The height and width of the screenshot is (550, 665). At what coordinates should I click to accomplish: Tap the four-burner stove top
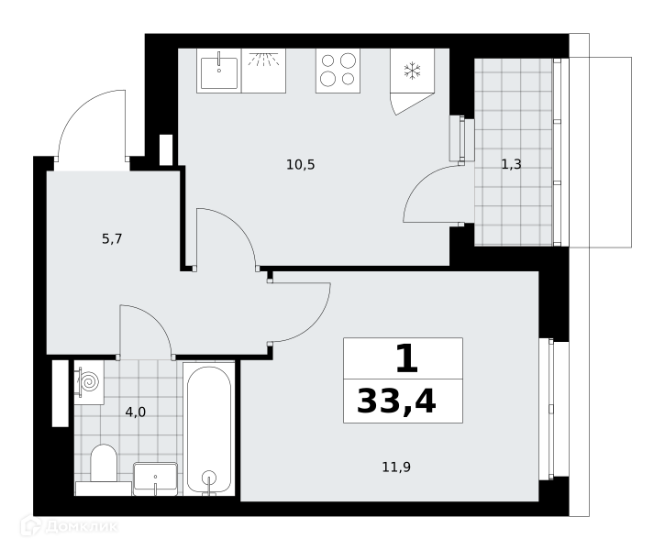coord(338,71)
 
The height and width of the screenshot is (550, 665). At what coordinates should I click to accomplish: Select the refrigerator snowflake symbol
coord(412,71)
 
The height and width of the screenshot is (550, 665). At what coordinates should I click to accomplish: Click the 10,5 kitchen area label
coord(300,164)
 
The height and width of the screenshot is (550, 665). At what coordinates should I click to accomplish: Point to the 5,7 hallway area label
coord(112,239)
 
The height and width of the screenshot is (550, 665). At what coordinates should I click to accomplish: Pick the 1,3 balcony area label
coord(511,164)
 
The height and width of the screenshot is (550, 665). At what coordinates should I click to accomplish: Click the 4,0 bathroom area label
coord(135,412)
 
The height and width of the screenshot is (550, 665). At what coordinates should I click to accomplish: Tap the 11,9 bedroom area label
coord(396,467)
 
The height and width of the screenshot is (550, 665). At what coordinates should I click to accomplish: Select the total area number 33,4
coord(396,401)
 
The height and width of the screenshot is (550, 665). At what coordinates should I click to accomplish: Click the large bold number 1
coord(407,358)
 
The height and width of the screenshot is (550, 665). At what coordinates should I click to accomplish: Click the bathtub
coord(208,429)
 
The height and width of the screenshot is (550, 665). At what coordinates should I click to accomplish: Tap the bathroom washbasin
coord(155,478)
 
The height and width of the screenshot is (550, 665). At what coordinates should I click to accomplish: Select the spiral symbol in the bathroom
coord(90,382)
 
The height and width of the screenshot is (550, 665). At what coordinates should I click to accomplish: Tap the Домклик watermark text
coord(81,527)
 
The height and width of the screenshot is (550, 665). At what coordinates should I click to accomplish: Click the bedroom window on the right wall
coord(553,410)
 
